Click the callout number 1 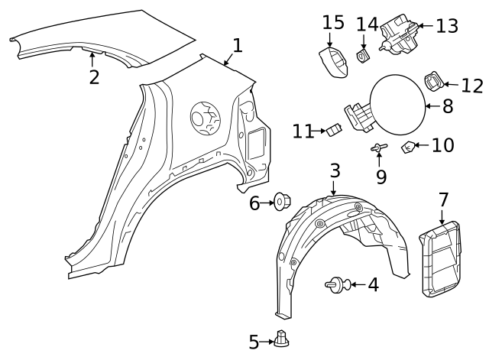tap(237, 46)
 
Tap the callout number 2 tap(94, 76)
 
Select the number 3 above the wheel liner tap(335, 170)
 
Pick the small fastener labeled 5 tap(283, 338)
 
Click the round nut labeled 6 tap(280, 203)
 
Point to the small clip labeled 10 tap(409, 147)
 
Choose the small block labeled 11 tap(333, 131)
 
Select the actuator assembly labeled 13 tap(400, 34)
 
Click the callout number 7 tap(443, 200)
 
